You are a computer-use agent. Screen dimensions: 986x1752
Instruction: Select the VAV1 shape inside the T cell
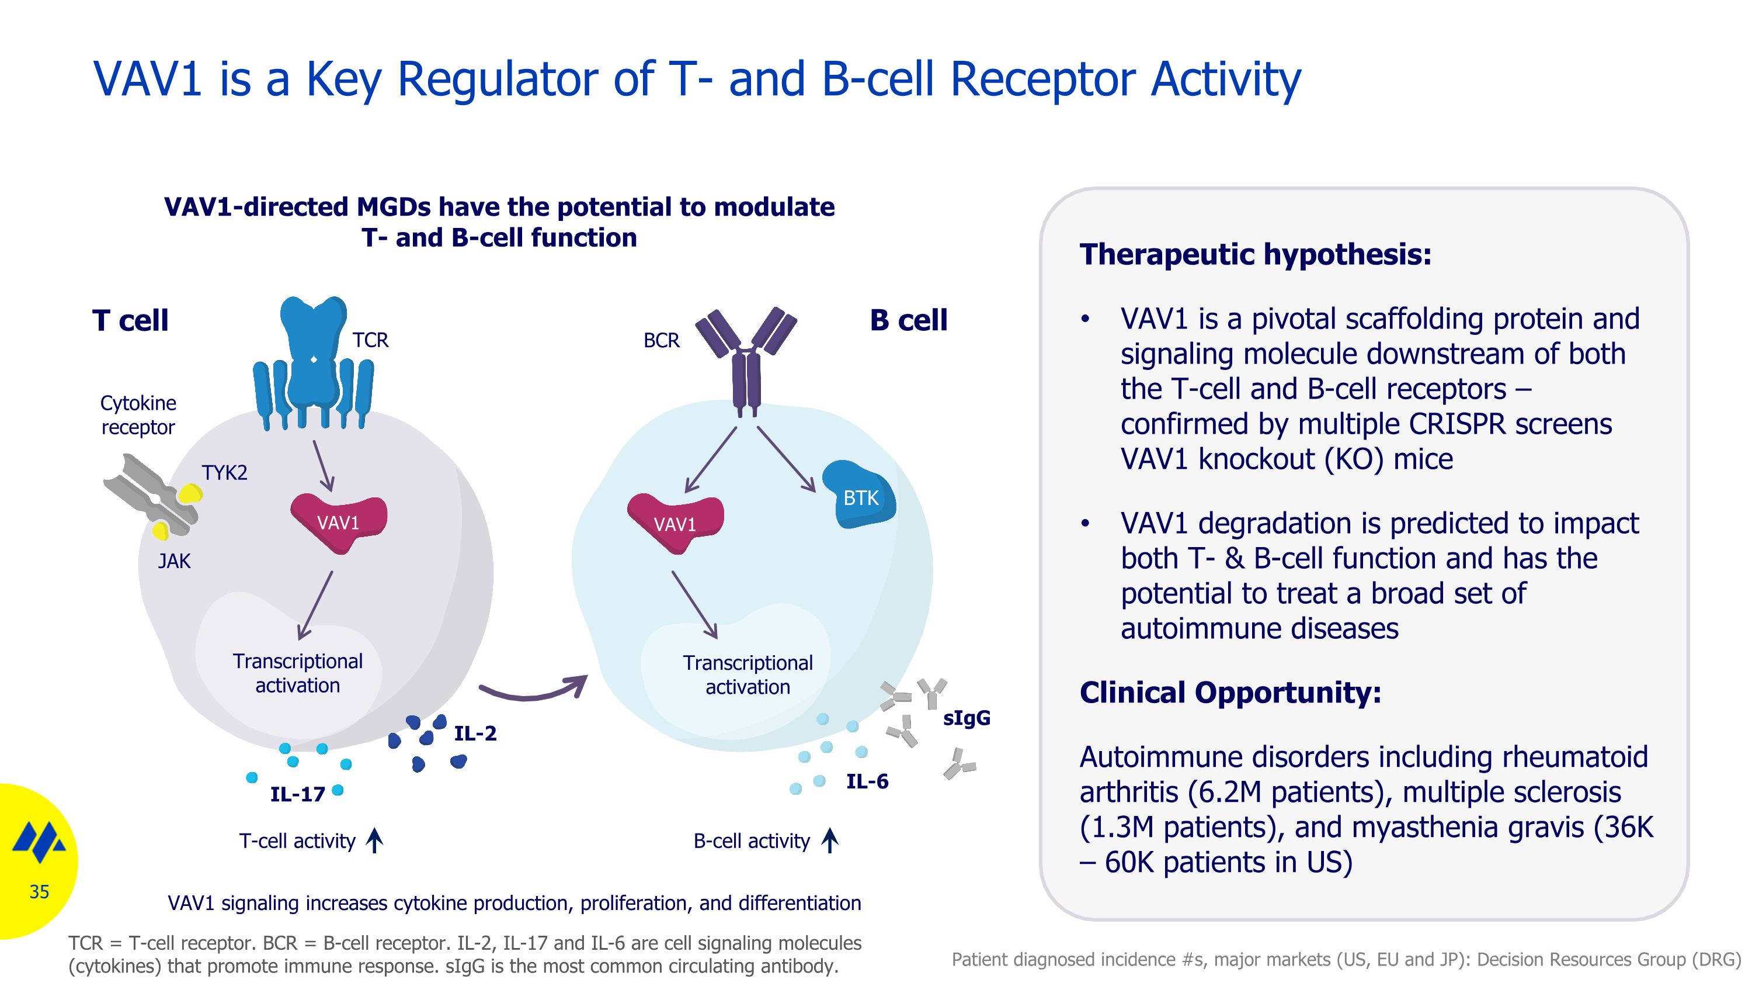point(339,523)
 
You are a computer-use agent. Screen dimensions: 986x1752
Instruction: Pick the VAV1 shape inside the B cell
point(675,524)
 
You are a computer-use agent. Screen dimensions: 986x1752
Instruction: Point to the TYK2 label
point(224,473)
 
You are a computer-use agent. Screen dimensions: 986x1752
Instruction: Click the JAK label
point(174,562)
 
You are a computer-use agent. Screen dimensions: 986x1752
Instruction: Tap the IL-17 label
point(297,794)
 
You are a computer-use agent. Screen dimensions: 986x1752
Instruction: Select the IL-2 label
point(475,734)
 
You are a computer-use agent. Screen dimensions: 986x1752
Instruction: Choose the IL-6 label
point(867,782)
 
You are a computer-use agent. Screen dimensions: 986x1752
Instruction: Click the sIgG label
point(966,718)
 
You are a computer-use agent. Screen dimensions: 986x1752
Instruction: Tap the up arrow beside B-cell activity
point(829,840)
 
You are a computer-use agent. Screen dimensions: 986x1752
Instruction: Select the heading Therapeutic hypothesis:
point(1256,254)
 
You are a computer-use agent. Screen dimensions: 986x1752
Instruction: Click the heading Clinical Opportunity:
point(1230,693)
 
